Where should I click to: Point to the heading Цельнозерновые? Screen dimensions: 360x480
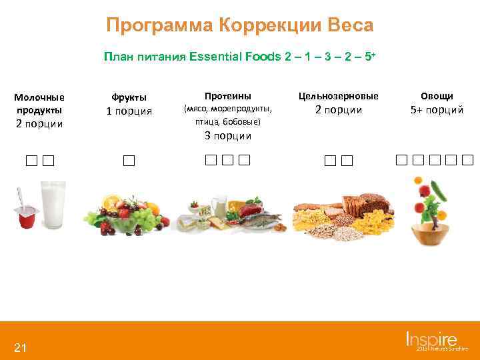point(338,96)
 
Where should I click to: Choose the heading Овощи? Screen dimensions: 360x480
point(437,96)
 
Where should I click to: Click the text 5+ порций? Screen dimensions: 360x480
point(437,110)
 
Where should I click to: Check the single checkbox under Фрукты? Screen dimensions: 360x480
point(129,161)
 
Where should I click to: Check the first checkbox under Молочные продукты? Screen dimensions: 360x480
point(32,161)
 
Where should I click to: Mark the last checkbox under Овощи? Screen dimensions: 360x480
point(467,160)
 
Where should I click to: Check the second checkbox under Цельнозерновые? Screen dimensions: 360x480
point(346,161)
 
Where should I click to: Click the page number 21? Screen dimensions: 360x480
point(20,347)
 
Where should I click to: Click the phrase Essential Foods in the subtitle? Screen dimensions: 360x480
point(226,57)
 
